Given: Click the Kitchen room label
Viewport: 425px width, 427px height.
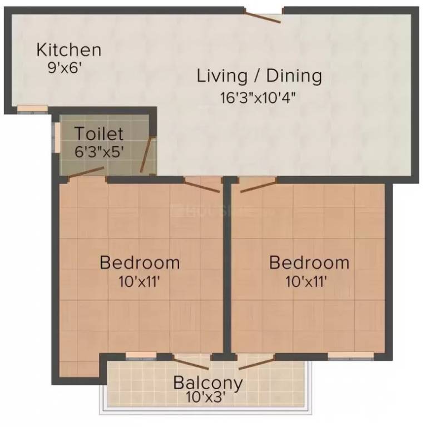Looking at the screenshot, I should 69,49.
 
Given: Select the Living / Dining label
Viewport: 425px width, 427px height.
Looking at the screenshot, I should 259,76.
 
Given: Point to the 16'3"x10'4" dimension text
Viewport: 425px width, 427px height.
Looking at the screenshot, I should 257,97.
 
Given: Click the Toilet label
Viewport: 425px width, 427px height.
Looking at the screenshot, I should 100,134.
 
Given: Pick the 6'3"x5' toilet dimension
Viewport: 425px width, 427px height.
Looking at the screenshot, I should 99,151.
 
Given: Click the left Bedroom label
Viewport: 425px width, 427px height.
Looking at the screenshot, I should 140,262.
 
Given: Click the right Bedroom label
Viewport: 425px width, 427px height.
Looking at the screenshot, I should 309,262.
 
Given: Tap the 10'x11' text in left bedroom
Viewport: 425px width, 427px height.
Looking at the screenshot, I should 140,281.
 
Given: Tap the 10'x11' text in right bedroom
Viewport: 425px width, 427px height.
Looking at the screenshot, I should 306,281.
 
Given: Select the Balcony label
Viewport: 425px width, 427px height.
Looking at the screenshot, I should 208,383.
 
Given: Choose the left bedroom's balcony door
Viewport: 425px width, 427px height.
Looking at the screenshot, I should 191,362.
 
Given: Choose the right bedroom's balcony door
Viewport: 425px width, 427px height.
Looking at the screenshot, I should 256,362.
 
